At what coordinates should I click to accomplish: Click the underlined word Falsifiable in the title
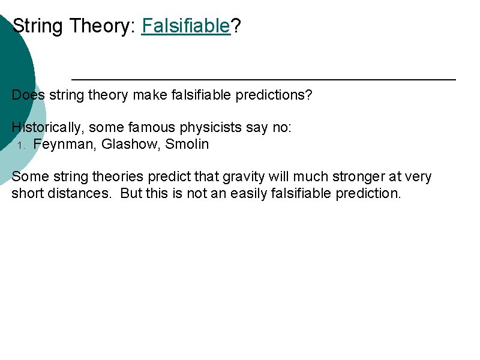tap(186, 26)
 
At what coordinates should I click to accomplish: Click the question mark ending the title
tap(236, 26)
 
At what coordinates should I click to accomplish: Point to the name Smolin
tap(187, 144)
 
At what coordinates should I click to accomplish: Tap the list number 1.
tap(20, 145)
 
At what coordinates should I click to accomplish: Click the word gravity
tap(240, 176)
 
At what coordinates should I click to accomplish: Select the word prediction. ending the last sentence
tap(368, 193)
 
